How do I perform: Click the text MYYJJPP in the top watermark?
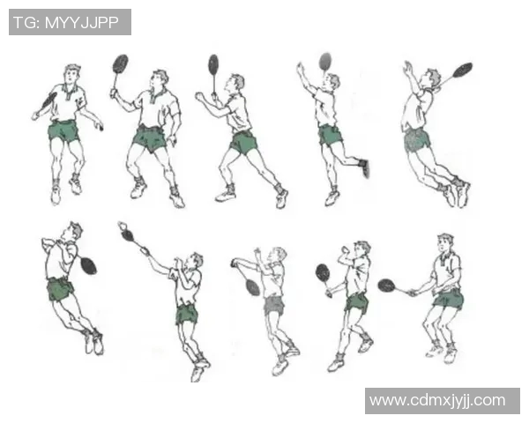tap(82, 23)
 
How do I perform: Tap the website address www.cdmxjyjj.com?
tap(437, 400)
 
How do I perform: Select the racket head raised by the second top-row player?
tap(120, 63)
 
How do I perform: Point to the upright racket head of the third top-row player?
tap(213, 64)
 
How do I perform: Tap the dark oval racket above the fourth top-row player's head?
tap(325, 62)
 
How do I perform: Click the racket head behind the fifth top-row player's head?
tap(463, 70)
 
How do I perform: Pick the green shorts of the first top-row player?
tap(63, 131)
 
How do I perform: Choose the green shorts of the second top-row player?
tap(149, 139)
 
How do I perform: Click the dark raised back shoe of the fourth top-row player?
tap(364, 167)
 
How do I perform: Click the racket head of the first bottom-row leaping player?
tap(89, 266)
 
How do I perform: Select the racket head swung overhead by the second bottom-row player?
tap(128, 234)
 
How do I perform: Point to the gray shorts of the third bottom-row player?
tap(273, 305)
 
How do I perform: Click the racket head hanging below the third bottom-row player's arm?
tap(253, 287)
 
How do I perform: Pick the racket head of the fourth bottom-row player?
tap(323, 273)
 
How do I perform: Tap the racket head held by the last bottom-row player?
tap(387, 286)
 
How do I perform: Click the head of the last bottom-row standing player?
tap(445, 243)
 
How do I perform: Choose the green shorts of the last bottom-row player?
tap(449, 299)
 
